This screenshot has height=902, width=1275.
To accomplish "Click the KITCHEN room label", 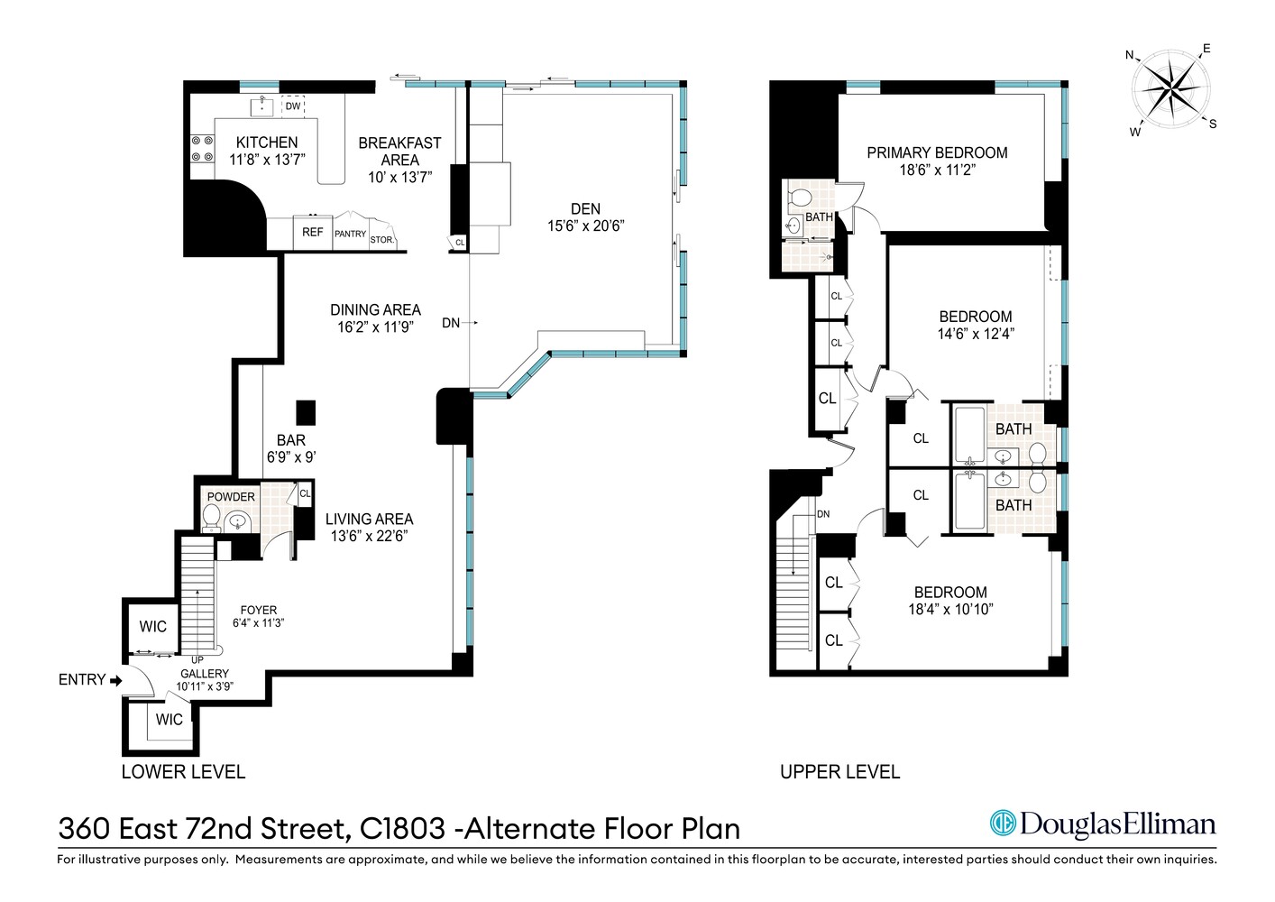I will click(267, 143).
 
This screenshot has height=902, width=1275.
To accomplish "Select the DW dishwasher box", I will click(293, 106).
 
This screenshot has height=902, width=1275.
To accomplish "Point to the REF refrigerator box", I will click(313, 233).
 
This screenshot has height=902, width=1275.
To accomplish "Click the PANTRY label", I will click(351, 234).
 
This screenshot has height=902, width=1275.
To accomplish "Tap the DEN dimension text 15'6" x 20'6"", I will click(585, 226).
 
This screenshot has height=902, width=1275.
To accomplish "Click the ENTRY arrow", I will click(115, 681).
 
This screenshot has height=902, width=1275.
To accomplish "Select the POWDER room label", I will click(231, 497).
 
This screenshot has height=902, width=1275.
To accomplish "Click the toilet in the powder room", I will click(212, 518).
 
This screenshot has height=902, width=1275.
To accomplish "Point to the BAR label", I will click(290, 440).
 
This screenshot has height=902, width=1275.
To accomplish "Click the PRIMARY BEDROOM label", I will click(937, 153).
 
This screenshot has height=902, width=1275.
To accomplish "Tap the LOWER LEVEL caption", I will click(183, 772).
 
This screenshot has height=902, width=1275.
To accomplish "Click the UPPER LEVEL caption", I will click(839, 772).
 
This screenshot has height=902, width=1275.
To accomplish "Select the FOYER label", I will click(259, 611).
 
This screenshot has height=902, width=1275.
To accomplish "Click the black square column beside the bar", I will click(307, 412).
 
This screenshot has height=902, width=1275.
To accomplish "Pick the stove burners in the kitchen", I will click(202, 149).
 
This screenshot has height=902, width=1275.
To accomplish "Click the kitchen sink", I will click(262, 106).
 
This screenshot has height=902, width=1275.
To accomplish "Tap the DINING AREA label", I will click(375, 310).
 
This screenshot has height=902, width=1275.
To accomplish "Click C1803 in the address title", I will click(402, 828).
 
